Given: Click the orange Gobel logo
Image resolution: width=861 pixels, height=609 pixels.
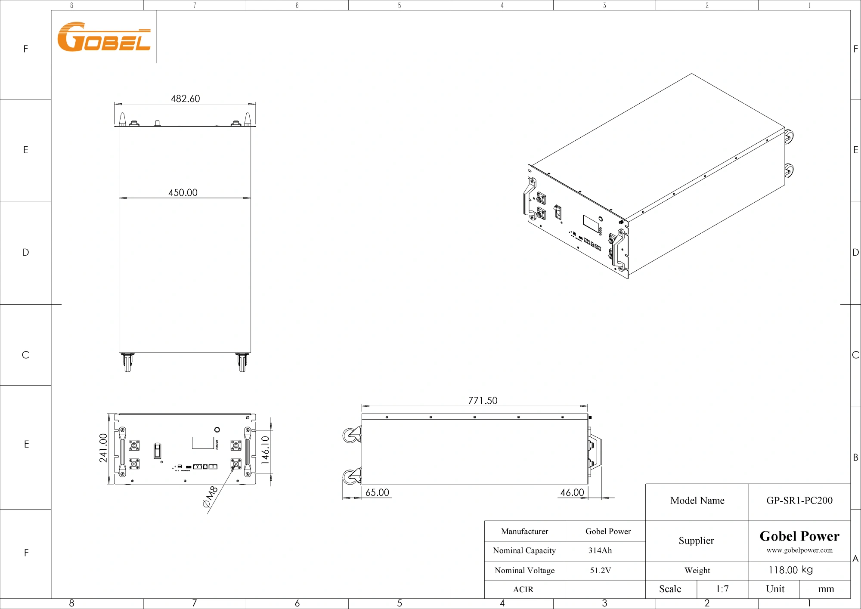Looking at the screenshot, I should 104,37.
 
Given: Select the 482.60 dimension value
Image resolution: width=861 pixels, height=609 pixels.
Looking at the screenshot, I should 185,99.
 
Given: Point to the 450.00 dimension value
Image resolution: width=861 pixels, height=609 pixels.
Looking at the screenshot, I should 183,192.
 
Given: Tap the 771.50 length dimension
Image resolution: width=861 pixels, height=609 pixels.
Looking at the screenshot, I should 483,401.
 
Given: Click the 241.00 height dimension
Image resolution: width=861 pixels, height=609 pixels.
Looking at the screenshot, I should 103,448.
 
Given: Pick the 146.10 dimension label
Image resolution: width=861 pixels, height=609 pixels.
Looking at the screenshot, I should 265,450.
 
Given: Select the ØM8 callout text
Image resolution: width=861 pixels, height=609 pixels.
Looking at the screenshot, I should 211,496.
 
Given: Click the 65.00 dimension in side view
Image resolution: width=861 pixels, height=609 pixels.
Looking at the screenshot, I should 377,492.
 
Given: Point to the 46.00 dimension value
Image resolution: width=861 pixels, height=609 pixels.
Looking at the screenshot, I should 572,492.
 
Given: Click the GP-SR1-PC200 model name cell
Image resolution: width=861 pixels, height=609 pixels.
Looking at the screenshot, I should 799,501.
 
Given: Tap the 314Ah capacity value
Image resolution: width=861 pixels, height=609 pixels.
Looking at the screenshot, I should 600,550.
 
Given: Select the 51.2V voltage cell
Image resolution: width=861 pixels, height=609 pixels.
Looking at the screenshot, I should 600,570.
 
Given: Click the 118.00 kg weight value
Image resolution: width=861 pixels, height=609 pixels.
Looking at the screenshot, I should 790,570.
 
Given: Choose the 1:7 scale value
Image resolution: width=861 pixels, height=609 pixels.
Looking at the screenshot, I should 722,589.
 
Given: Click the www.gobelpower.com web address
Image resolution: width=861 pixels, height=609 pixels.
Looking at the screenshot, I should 799,550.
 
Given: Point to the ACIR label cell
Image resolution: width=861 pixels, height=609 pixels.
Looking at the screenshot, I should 523,589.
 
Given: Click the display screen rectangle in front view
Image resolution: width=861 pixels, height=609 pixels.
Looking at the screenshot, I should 203,443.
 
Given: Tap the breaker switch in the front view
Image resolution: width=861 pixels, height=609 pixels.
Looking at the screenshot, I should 158,450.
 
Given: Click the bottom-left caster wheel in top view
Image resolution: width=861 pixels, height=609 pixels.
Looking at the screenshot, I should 127,362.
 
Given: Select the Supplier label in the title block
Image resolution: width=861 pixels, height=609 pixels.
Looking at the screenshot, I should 696,541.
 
